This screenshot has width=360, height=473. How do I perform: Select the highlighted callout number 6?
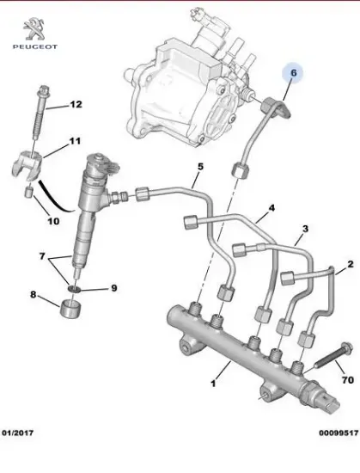(292, 75)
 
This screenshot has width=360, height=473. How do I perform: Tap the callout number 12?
(76, 105)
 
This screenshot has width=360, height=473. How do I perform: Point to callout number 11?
(75, 141)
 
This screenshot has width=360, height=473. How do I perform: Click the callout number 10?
(52, 221)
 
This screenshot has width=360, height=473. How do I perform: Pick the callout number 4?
(272, 209)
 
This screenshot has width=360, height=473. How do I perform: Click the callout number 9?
(113, 287)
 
